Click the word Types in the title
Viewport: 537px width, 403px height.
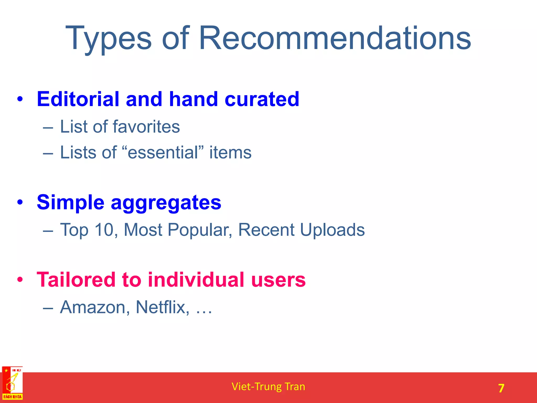tap(108, 39)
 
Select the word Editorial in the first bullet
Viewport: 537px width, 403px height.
tap(78, 99)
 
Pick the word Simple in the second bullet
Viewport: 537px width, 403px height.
tap(71, 203)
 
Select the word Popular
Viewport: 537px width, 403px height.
tap(200, 230)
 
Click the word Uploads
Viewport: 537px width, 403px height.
tap(332, 230)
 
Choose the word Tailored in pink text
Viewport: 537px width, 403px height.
tap(76, 280)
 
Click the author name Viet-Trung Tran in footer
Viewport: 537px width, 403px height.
tap(268, 387)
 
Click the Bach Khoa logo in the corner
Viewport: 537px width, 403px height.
tap(12, 383)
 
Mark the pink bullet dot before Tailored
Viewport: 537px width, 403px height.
tap(20, 280)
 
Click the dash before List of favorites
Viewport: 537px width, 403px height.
tap(48, 128)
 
